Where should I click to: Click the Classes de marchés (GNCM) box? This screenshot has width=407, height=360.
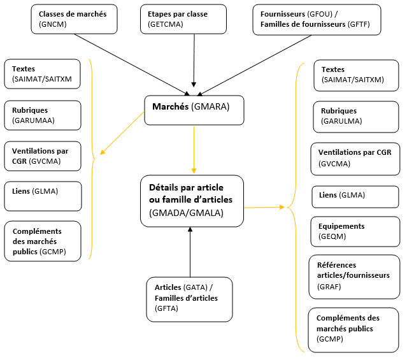[74, 18]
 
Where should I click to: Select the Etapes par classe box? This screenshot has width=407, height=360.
[183, 18]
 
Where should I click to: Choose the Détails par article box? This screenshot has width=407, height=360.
[192, 201]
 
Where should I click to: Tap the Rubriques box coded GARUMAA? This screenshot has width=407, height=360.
[43, 115]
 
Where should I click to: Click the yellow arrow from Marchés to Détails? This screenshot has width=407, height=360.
[194, 150]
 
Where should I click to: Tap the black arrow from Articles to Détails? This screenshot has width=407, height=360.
[189, 252]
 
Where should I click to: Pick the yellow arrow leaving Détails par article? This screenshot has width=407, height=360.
[264, 207]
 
